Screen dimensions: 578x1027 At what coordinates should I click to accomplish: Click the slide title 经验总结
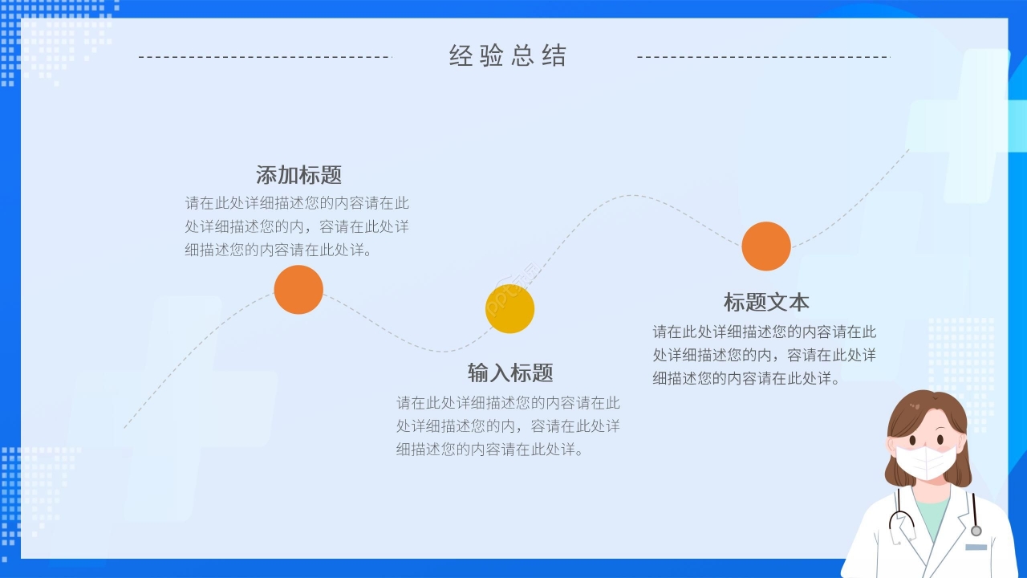click(x=508, y=56)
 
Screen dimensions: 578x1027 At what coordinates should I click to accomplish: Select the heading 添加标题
click(x=298, y=175)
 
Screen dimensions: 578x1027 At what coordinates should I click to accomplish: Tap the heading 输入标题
click(x=510, y=372)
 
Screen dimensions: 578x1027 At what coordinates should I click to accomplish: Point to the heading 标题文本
click(x=766, y=302)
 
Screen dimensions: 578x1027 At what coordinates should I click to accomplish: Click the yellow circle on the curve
click(x=509, y=309)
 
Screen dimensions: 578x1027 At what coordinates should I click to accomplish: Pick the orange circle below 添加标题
click(x=298, y=290)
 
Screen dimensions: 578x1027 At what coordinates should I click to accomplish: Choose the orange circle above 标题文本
click(x=766, y=246)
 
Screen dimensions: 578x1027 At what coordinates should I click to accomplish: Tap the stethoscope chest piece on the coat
click(x=976, y=531)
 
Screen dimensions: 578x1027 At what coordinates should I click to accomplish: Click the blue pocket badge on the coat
click(x=976, y=547)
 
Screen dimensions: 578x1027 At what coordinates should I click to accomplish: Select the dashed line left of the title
click(x=265, y=57)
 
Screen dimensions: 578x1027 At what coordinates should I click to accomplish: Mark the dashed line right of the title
click(x=763, y=57)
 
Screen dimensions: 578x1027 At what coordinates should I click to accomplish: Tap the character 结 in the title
click(x=554, y=56)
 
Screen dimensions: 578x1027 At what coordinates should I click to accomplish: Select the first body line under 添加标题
click(x=297, y=203)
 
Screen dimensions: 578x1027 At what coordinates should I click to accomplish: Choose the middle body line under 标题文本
click(x=764, y=355)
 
